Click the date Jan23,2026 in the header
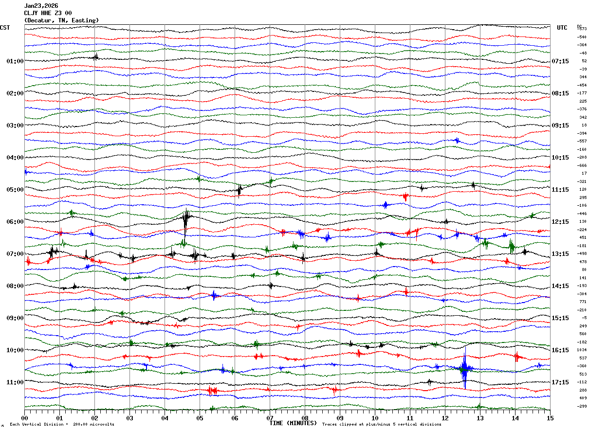coord(41,6)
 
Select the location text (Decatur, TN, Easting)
coord(61,20)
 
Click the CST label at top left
coord(5,28)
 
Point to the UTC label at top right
coord(562,28)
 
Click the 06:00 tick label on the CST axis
coord(15,222)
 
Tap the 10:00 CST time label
coord(15,350)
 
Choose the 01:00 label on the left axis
coord(15,61)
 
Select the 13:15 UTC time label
coord(560,254)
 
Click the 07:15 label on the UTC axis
coord(560,61)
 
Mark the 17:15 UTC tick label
coord(560,382)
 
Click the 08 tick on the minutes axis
coord(305,418)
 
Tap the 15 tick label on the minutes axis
coord(550,418)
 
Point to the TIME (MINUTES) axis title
coord(293,423)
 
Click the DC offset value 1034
coord(582,350)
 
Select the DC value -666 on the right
coord(582,165)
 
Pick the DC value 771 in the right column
coord(583,302)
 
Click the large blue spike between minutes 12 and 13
coord(464,368)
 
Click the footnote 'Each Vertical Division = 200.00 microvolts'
coord(62,425)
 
